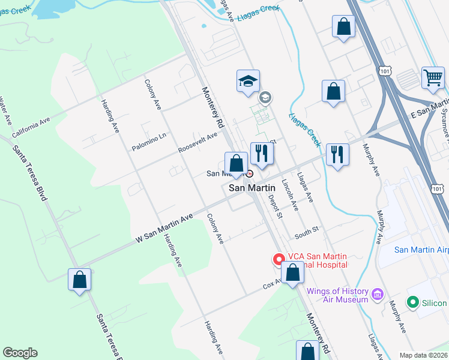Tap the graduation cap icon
(247, 81)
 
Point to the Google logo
(20, 353)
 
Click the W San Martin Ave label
(164, 229)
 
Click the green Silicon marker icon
(412, 303)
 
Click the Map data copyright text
(423, 355)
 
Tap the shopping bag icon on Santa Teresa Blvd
(79, 280)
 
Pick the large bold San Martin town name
(252, 188)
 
